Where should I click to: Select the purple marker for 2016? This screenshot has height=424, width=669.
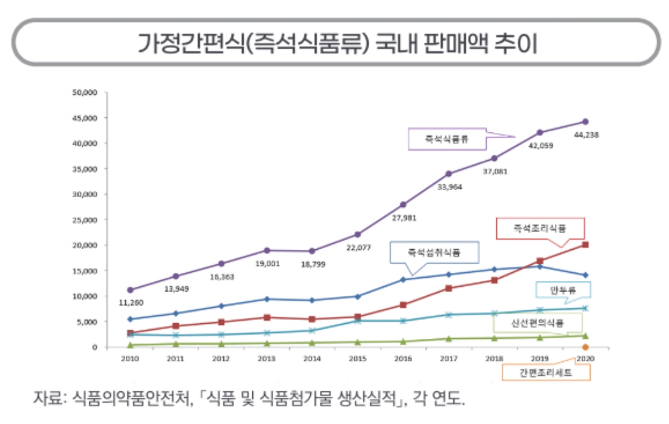[403, 205]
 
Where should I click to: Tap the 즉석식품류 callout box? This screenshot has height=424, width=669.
[447, 139]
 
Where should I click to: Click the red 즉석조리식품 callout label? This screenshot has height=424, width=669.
[540, 228]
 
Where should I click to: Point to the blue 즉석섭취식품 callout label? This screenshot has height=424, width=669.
[435, 253]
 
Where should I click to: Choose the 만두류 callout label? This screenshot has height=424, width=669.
[563, 291]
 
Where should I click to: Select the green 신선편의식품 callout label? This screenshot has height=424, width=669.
[538, 324]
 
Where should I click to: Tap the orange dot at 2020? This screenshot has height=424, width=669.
[585, 347]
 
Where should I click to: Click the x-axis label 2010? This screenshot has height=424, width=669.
[130, 359]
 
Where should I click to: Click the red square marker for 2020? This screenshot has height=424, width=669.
[585, 245]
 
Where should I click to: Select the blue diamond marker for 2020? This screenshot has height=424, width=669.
[585, 275]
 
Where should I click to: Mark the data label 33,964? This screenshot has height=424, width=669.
[449, 187]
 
